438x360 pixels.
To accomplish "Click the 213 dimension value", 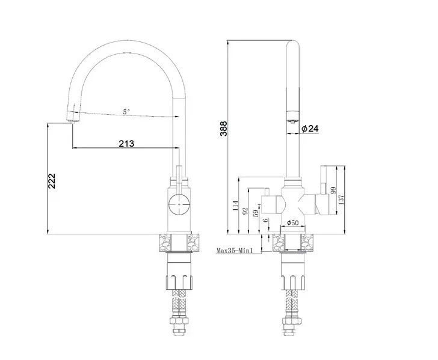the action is pyautogui.click(x=126, y=144).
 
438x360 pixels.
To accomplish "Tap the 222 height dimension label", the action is pyautogui.click(x=52, y=181).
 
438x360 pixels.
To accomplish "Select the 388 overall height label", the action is pyautogui.click(x=224, y=128).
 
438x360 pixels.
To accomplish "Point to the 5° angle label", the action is pyautogui.click(x=126, y=112).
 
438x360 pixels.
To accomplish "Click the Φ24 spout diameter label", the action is pyautogui.click(x=310, y=129).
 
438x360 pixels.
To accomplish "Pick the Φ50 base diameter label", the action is pyautogui.click(x=293, y=223).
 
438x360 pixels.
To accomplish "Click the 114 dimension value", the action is pyautogui.click(x=235, y=206).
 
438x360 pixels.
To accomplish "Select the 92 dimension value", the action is pyautogui.click(x=245, y=210).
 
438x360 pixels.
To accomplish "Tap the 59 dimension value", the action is pyautogui.click(x=256, y=213).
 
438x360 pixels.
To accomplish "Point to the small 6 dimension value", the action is pyautogui.click(x=266, y=220).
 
